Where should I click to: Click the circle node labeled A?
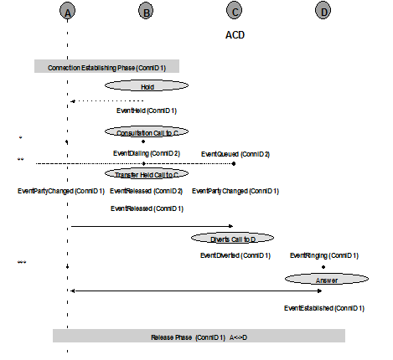coord(68,11)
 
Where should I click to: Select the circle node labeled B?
coord(147,11)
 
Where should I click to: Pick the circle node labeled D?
coord(323,11)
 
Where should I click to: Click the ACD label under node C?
coord(235,36)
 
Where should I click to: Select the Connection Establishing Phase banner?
coord(106,67)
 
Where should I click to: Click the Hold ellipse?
coord(147,86)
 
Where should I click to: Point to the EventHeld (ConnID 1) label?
coord(147,110)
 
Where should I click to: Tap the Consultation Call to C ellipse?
coord(147,131)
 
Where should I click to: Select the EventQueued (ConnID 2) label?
coord(235,153)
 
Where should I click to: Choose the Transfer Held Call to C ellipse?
coord(147,174)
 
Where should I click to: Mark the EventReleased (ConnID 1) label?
coord(147,208)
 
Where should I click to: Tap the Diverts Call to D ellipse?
coord(232,239)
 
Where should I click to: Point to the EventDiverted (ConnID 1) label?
coord(235,255)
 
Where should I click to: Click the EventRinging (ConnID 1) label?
coord(324,255)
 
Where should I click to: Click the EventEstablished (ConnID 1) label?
coord(324,308)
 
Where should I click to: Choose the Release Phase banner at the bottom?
coord(199,336)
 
